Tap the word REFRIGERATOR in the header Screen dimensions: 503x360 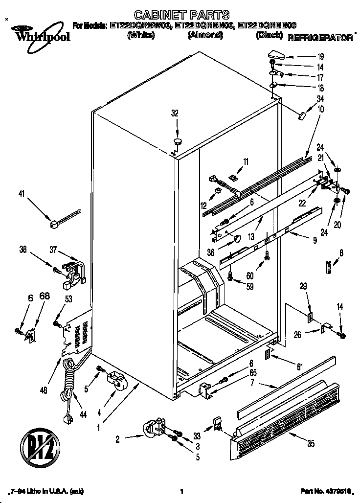coord(320,38)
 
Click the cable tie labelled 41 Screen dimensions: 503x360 coord(64,218)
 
